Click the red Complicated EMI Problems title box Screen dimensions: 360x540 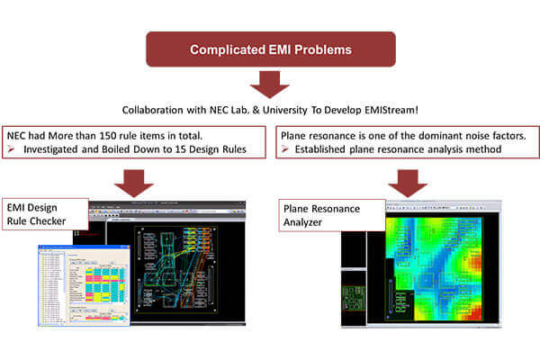pos(270,49)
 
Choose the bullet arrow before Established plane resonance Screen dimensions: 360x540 pos(285,149)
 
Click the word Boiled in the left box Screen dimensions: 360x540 pos(113,149)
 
